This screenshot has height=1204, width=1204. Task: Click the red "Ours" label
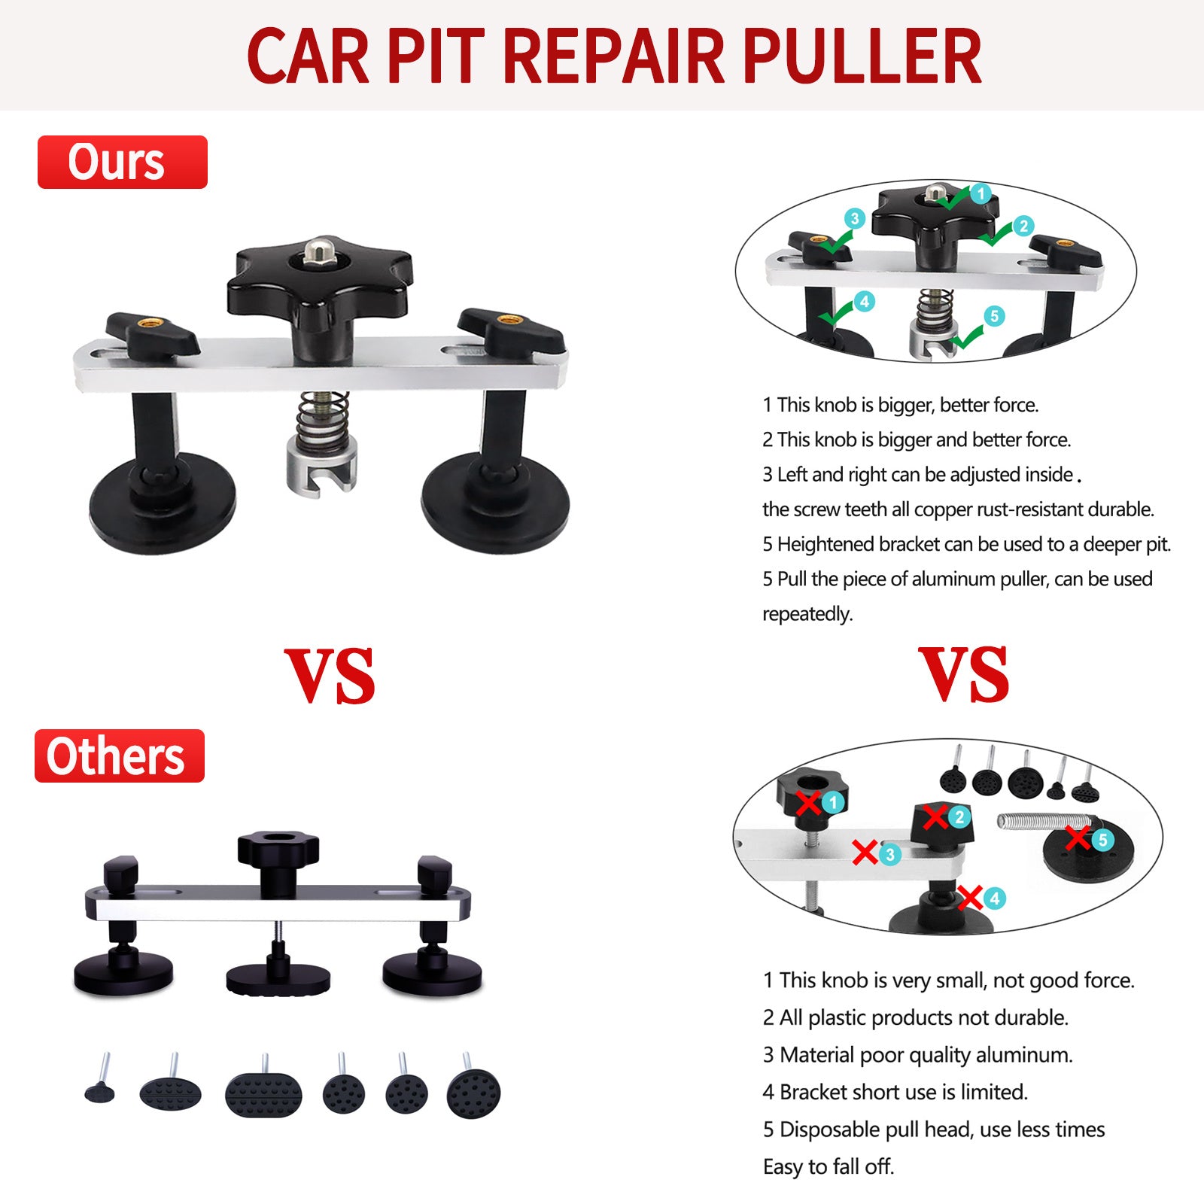tap(122, 162)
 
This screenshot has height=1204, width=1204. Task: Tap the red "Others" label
tap(120, 756)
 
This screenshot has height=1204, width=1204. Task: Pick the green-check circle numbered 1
tap(980, 193)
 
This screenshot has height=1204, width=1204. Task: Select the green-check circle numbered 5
tap(994, 316)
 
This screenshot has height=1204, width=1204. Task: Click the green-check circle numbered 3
tap(854, 219)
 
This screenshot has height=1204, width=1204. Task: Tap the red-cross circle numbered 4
tap(994, 898)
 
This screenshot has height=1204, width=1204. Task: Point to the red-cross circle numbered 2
tap(959, 816)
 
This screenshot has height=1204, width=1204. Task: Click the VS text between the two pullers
tap(330, 675)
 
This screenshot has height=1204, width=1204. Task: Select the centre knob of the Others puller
tap(278, 862)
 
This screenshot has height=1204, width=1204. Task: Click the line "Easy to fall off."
tap(829, 1166)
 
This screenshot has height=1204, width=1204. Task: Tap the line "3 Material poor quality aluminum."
tap(918, 1055)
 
